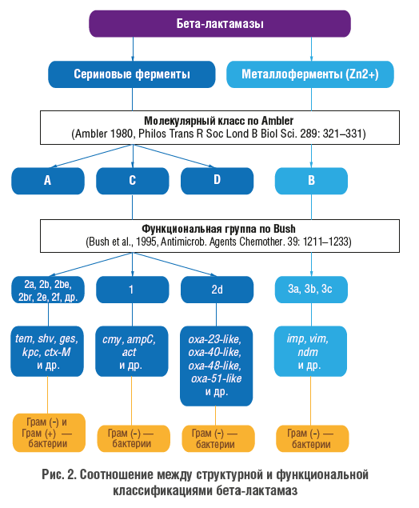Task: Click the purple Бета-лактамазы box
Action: [x=220, y=24]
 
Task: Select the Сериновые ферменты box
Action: [x=132, y=74]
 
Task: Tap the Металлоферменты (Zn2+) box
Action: [x=310, y=74]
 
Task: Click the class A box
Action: [x=48, y=181]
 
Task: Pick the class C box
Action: [x=133, y=181]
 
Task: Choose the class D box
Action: [x=217, y=181]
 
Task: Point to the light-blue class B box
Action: [x=311, y=181]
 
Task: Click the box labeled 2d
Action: [x=217, y=290]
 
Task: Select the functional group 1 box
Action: [x=133, y=290]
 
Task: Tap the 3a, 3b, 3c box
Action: [x=311, y=290]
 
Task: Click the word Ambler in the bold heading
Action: [x=277, y=121]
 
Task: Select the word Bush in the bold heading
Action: [x=285, y=229]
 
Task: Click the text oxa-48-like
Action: [x=214, y=366]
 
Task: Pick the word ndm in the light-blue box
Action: [x=308, y=352]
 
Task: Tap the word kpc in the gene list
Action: [x=31, y=353]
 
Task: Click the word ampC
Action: [x=141, y=339]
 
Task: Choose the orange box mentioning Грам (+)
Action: [x=49, y=433]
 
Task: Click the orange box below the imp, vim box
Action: [x=313, y=438]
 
